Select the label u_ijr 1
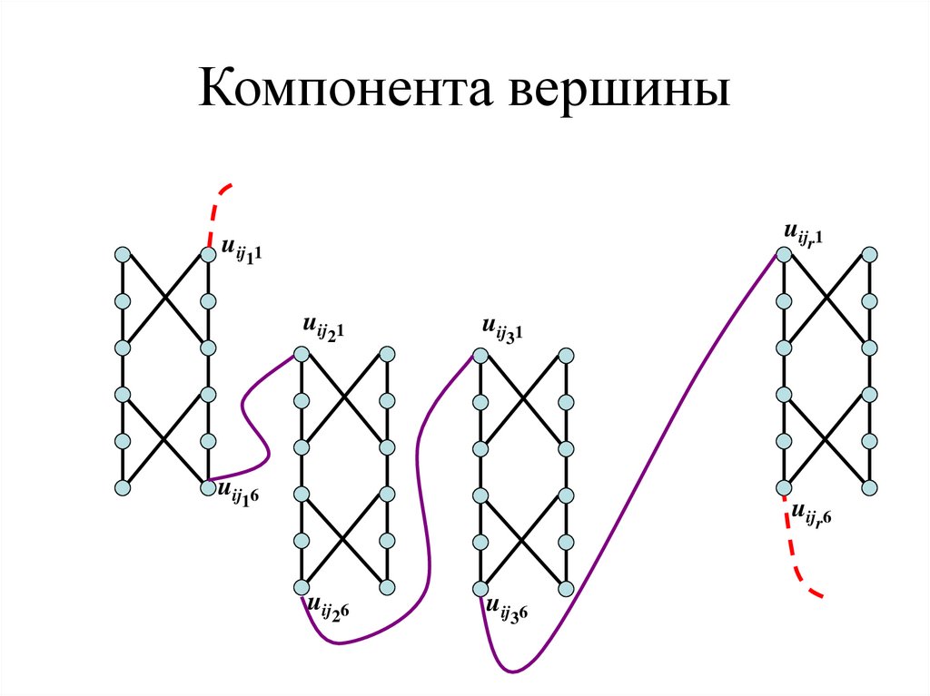(x=803, y=234)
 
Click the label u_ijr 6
(x=811, y=515)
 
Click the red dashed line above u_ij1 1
(x=215, y=209)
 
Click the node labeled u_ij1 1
(x=208, y=253)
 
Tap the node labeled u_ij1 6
(x=208, y=488)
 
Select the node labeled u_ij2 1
(x=301, y=354)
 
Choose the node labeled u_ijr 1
(x=781, y=253)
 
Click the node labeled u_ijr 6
(x=781, y=488)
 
